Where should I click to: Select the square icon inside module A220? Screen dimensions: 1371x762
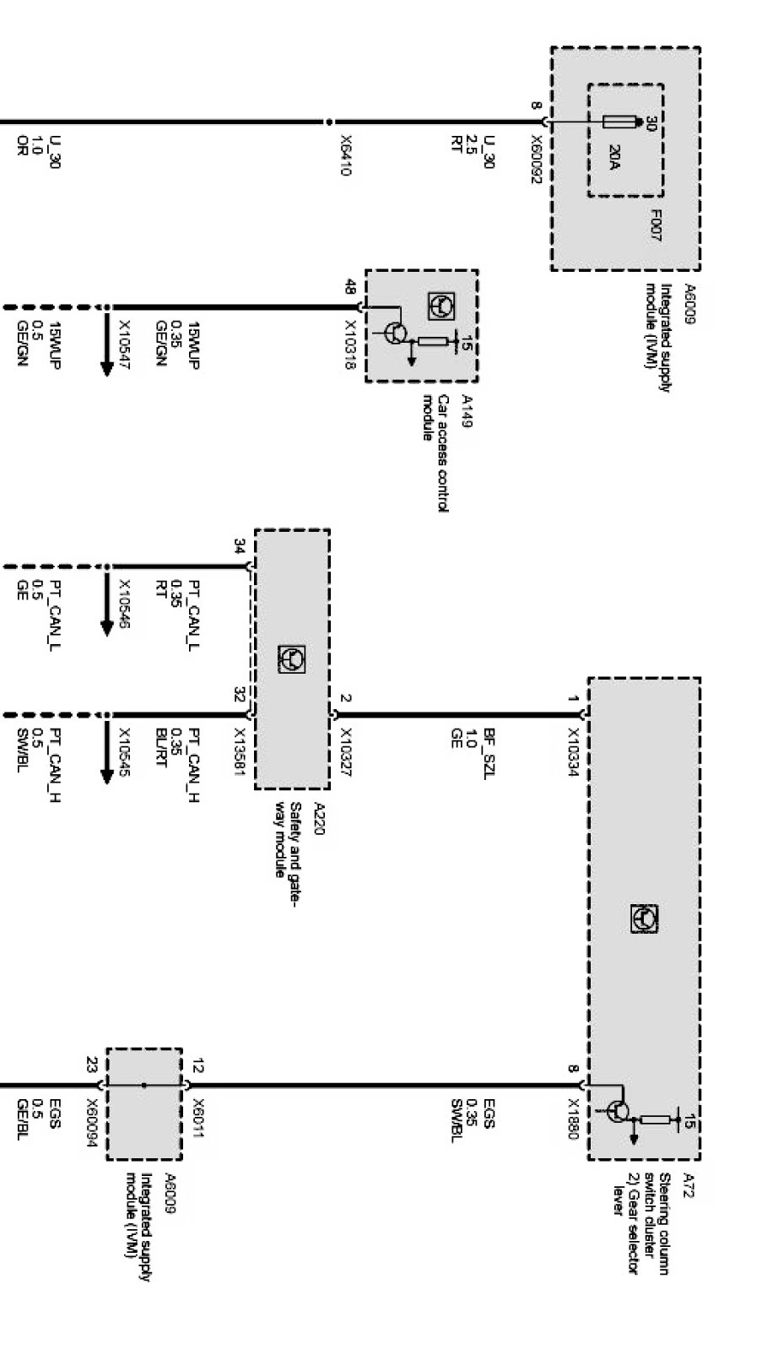click(291, 658)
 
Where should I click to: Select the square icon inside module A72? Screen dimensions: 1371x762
click(645, 919)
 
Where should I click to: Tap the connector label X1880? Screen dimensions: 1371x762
click(573, 1119)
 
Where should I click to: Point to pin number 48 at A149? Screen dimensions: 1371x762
click(349, 286)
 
